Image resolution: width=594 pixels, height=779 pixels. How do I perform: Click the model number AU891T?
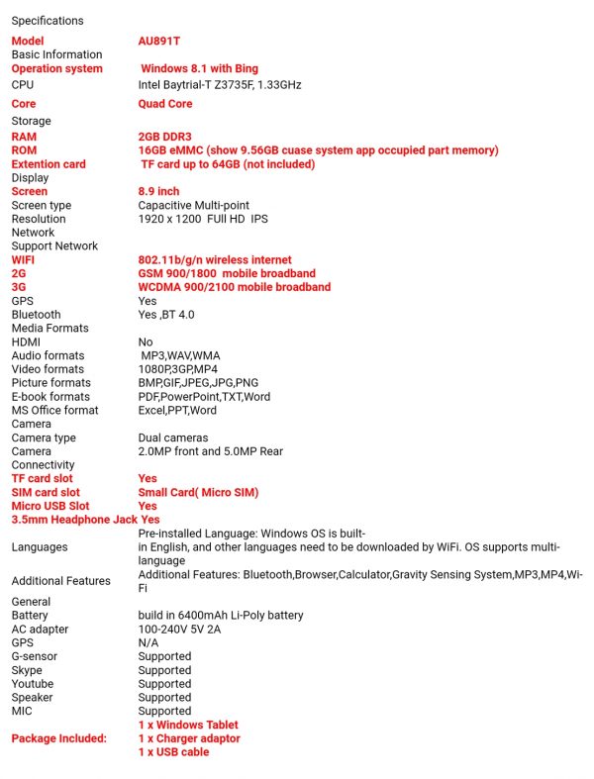pos(158,42)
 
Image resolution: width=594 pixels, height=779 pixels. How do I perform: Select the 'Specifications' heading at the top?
pos(48,21)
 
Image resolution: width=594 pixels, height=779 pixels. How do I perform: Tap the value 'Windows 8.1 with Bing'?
pos(199,69)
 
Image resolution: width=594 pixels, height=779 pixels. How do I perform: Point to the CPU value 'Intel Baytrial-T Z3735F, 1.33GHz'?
pos(220,85)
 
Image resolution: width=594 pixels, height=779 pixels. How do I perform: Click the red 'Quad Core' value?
pos(165,104)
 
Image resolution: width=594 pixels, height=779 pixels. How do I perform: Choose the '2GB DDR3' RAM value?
pos(165,137)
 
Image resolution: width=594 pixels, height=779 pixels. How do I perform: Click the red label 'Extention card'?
pos(49,164)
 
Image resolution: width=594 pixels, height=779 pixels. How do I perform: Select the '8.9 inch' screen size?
pos(158,191)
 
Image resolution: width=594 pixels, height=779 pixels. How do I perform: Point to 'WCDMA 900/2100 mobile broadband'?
pos(234,287)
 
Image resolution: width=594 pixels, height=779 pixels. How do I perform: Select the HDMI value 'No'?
pos(146,341)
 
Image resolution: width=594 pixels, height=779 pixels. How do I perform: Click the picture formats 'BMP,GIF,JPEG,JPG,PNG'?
pos(198,383)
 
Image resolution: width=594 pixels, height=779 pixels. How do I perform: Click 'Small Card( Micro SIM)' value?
pos(198,492)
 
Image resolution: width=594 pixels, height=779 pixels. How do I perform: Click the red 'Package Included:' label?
pos(58,738)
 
